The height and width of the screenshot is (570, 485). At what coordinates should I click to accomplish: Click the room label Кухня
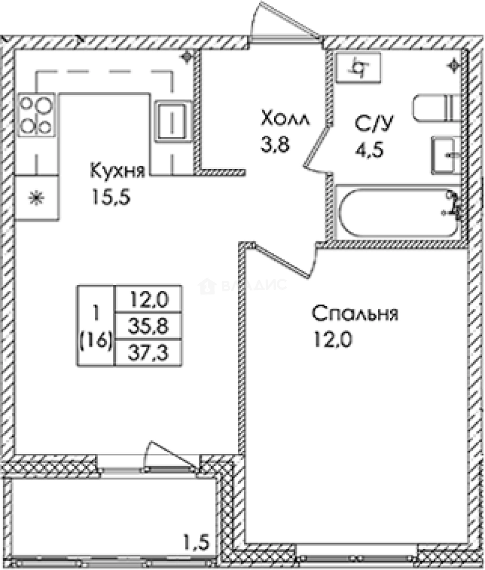coord(117,172)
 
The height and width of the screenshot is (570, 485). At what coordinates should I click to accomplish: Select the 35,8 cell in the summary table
coord(148,327)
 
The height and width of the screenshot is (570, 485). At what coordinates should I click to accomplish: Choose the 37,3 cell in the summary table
coord(148,352)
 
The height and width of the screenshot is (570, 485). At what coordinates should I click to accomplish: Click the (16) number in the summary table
coord(96,341)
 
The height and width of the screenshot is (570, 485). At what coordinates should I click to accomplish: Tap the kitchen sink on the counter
coord(172,121)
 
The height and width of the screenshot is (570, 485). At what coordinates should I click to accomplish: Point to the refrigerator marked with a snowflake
coord(37,198)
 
